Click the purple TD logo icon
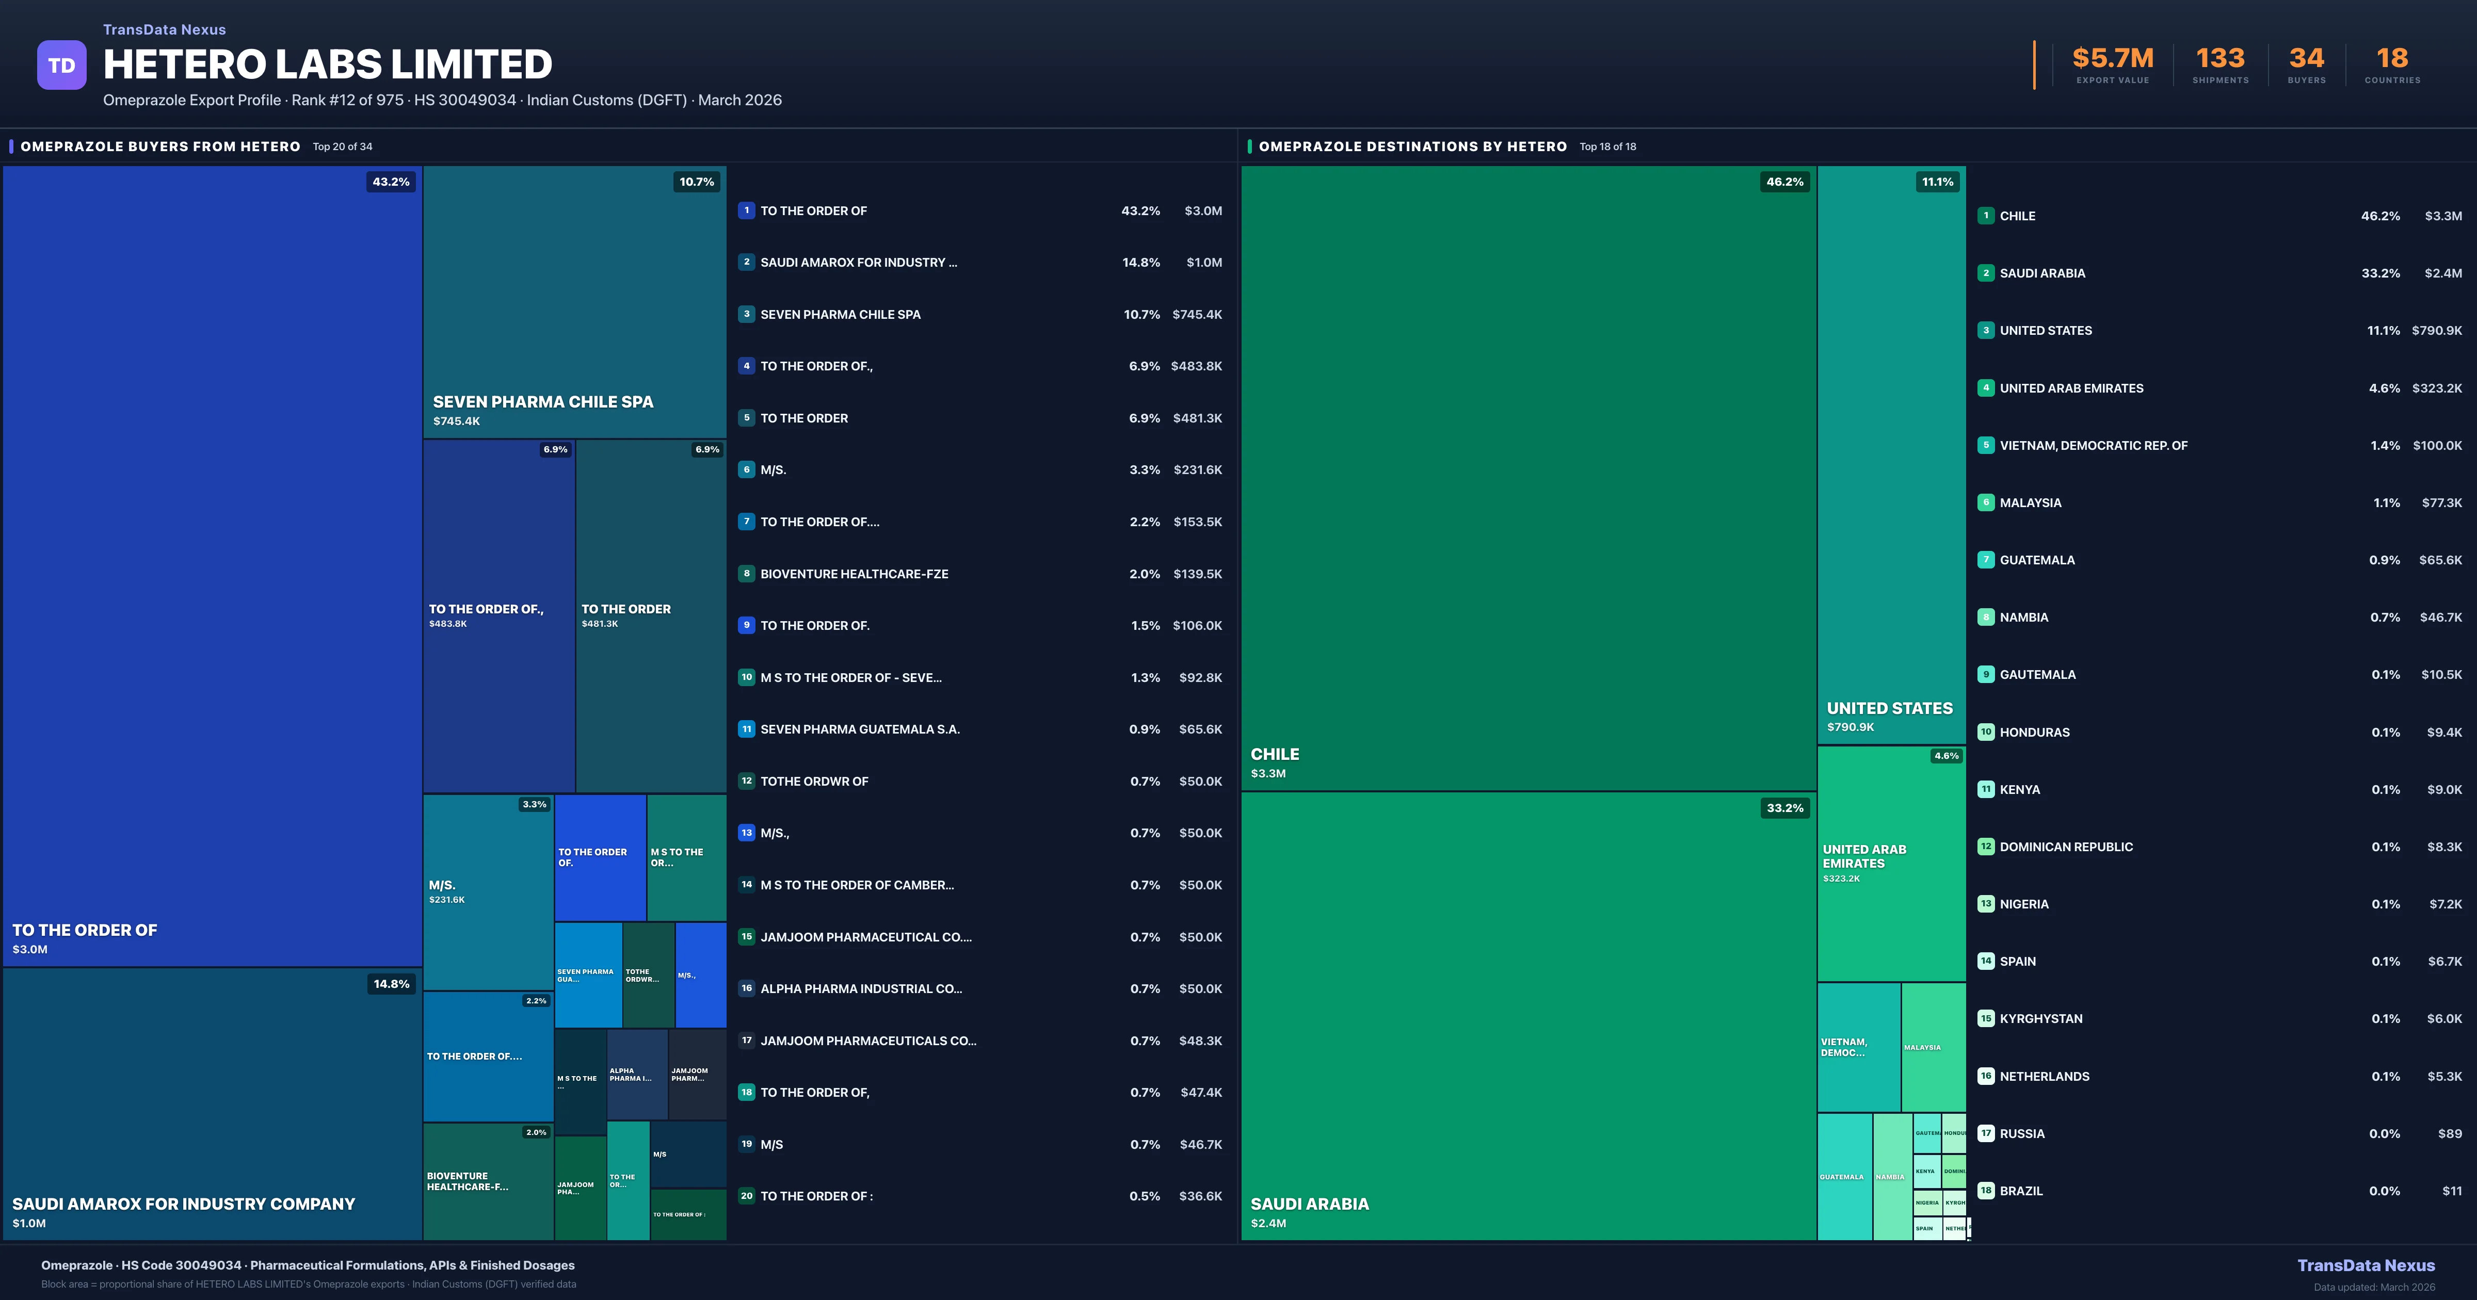point(61,66)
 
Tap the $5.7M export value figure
point(2113,59)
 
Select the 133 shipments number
point(2220,59)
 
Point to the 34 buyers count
point(2306,59)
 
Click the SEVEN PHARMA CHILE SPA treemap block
point(574,302)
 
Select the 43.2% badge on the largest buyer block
point(391,182)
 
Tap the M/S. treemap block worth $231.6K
point(488,891)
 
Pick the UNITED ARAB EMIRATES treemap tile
point(1890,863)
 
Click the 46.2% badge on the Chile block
point(1784,182)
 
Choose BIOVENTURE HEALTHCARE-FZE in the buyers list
point(854,574)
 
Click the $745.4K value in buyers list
point(1197,314)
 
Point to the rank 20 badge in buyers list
point(746,1196)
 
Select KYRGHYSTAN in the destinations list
point(2040,1018)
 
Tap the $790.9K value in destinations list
point(2437,331)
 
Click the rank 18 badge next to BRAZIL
point(1986,1191)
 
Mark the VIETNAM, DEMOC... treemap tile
point(1858,1047)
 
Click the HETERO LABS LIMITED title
point(327,64)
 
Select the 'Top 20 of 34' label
point(342,147)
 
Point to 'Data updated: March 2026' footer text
point(2373,1287)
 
